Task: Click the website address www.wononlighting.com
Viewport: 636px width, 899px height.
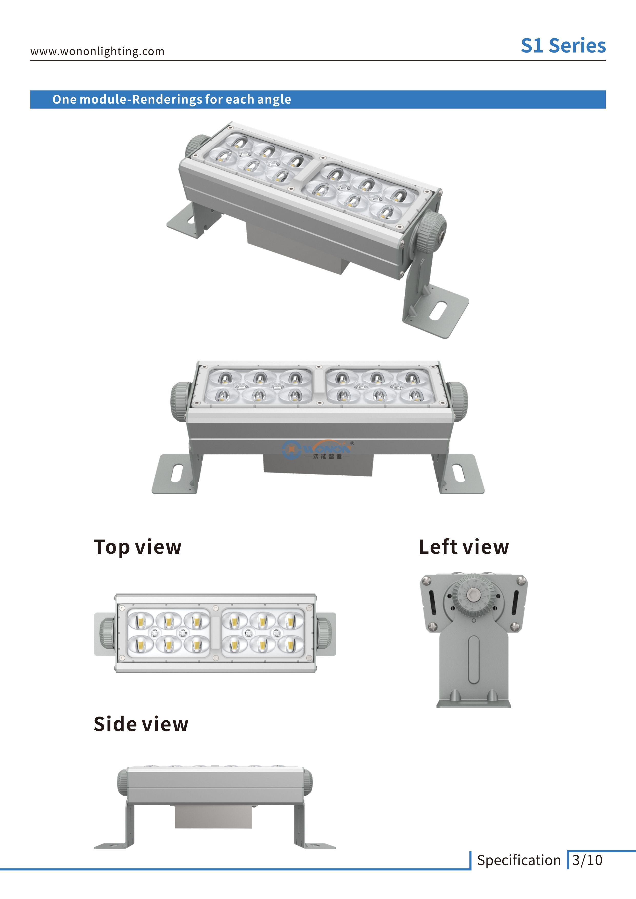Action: point(97,51)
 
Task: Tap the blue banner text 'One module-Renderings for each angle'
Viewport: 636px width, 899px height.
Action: point(172,99)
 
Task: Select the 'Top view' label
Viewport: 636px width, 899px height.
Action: point(137,547)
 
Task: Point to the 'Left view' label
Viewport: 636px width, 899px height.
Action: point(464,547)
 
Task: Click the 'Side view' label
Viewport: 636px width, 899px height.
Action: point(141,724)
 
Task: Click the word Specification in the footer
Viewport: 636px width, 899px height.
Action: point(519,860)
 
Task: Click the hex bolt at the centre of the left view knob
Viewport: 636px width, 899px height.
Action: point(474,596)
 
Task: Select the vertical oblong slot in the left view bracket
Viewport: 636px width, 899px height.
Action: point(473,659)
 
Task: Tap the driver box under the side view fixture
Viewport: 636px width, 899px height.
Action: point(213,816)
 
